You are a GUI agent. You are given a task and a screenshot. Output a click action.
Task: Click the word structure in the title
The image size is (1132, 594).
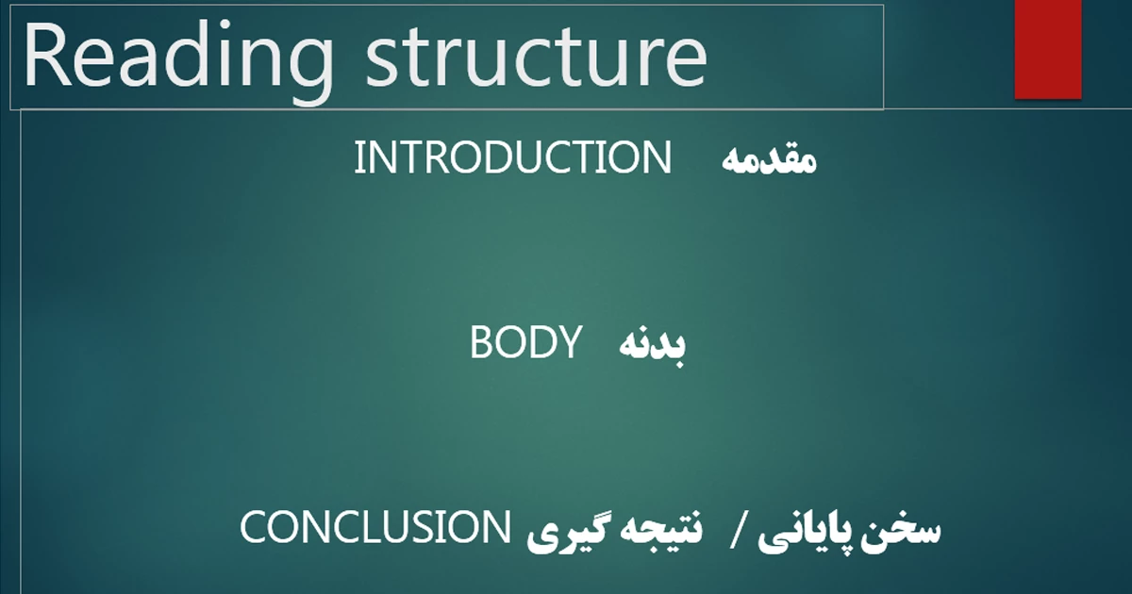536,57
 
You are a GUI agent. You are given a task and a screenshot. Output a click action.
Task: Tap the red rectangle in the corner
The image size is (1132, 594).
1048,49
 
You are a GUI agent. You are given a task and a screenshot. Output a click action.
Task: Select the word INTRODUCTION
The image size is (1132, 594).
512,157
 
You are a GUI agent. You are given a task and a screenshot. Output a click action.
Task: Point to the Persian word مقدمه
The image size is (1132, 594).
769,160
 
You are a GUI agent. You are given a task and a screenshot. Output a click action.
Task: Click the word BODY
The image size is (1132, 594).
526,342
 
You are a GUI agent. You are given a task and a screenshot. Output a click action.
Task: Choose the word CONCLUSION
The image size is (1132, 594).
375,527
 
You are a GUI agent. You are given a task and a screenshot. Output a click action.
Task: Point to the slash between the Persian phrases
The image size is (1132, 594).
737,530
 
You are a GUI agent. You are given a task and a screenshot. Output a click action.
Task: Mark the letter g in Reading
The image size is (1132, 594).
309,70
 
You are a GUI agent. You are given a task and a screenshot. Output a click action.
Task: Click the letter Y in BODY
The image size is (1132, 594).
568,342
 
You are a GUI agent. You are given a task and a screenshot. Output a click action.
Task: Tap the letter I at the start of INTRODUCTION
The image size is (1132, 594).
358,157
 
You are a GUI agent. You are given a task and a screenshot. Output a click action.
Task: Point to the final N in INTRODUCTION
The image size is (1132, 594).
658,157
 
